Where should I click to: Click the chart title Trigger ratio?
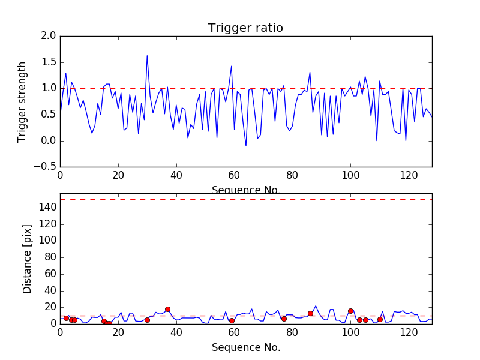[245, 28]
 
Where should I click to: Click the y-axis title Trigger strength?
[22, 101]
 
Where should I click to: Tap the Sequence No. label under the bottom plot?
[246, 347]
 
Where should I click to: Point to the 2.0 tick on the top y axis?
[49, 36]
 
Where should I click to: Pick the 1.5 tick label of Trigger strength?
[49, 62]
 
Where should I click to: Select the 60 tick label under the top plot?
[234, 176]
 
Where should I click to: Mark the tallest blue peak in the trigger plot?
[147, 56]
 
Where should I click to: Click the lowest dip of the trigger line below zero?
[246, 146]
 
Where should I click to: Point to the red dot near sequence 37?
[167, 309]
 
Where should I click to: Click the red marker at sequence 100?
[350, 311]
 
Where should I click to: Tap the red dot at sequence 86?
[310, 313]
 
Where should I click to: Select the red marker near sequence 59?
[232, 320]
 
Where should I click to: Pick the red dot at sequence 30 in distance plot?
[147, 320]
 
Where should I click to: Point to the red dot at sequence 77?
[284, 319]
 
